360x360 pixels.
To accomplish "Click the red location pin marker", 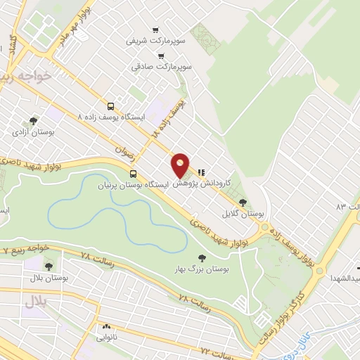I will pyautogui.click(x=181, y=166).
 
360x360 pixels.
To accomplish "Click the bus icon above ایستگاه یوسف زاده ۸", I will pyautogui.click(x=110, y=105).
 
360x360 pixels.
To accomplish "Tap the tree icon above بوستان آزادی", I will pyautogui.click(x=33, y=121).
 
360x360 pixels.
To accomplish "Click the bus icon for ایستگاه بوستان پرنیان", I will pyautogui.click(x=133, y=173).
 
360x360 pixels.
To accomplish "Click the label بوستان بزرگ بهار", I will pyautogui.click(x=202, y=269).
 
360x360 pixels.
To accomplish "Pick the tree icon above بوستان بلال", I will pyautogui.click(x=49, y=266).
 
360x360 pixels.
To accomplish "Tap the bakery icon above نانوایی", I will pyautogui.click(x=107, y=327).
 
